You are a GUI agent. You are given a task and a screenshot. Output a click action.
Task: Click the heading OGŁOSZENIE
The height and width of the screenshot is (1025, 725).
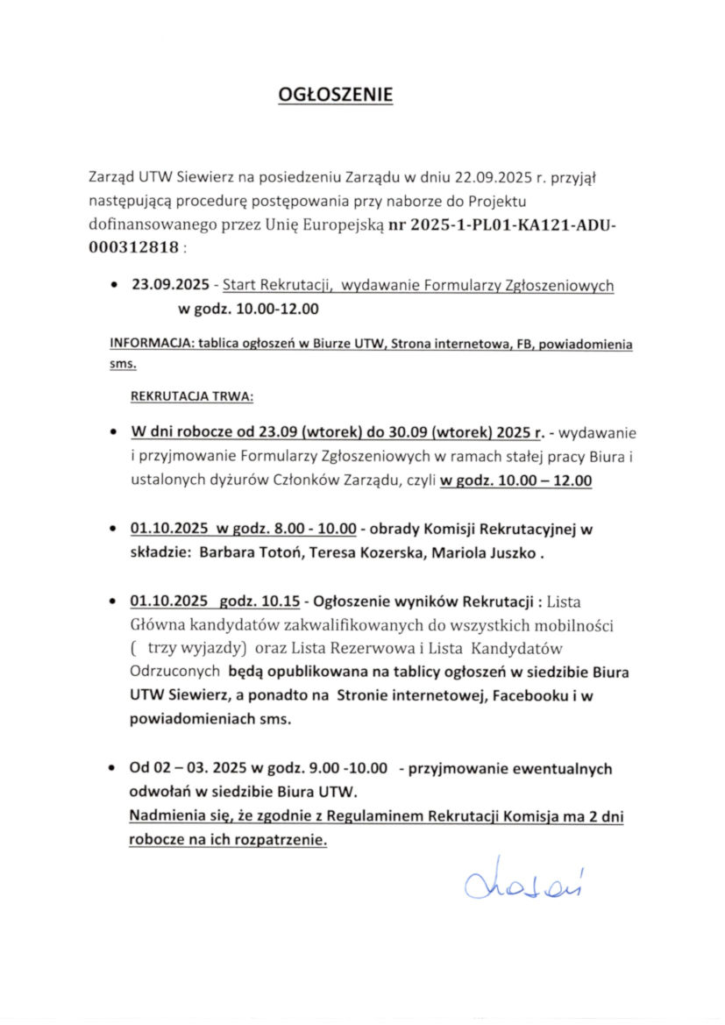(x=335, y=95)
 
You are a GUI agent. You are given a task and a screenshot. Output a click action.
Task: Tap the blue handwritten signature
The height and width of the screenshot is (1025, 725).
(x=524, y=880)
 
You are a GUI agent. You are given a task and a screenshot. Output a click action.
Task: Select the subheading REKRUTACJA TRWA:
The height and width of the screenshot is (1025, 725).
(x=192, y=396)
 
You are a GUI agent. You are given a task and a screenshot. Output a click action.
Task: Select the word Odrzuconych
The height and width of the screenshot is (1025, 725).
(x=174, y=673)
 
